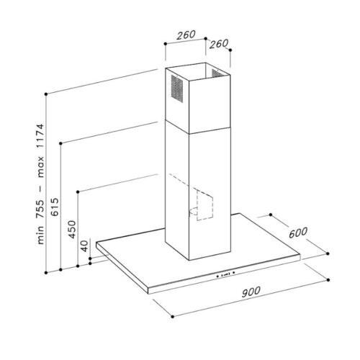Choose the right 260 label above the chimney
point(218,43)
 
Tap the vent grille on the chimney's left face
point(174,93)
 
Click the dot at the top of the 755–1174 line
point(45,94)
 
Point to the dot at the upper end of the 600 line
point(269,214)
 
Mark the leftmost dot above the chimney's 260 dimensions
point(166,44)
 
